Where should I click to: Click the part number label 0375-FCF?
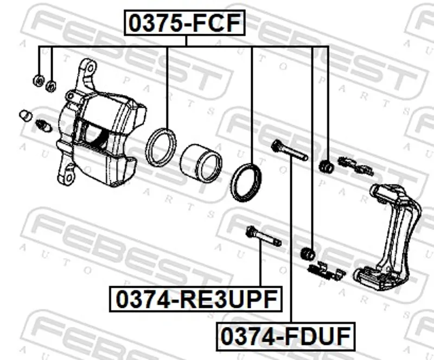click(184, 23)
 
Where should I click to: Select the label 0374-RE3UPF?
click(196, 299)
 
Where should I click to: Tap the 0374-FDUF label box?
click(285, 336)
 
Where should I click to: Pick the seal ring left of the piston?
click(161, 147)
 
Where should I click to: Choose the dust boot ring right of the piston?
click(246, 182)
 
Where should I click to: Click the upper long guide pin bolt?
click(290, 150)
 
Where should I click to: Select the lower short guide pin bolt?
click(263, 236)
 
